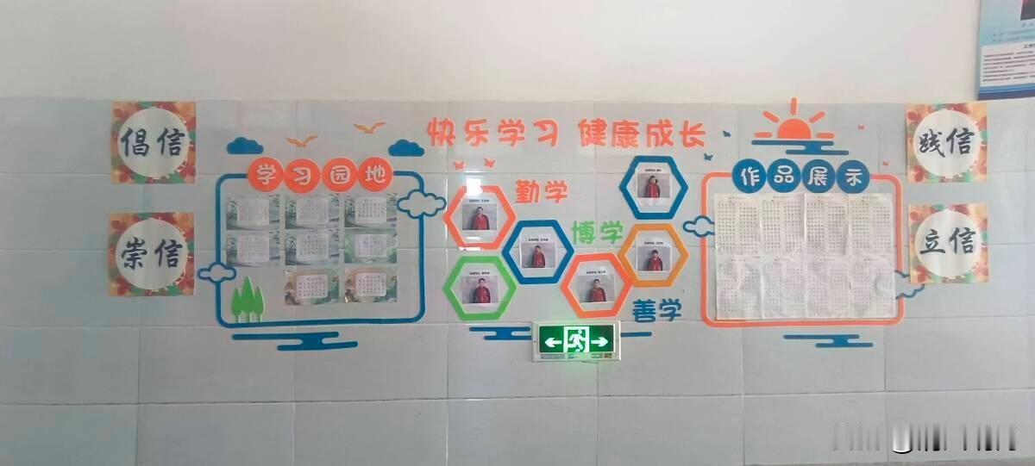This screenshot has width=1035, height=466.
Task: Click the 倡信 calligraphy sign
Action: pos(153,142)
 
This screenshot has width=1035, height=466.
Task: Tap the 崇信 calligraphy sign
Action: pos(152,253)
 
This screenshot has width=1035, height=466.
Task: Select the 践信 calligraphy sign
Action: pos(945,142)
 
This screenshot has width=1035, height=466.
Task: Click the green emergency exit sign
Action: pos(576,341)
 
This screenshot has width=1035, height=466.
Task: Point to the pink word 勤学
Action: pos(542,190)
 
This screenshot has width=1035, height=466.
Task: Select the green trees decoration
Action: pos(248,297)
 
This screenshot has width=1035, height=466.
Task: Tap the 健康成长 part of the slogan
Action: pos(643,134)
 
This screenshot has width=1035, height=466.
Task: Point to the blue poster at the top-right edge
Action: pos(1007,47)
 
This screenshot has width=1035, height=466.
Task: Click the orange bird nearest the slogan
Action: pos(369,127)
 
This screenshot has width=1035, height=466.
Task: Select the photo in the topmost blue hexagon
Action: pos(655,184)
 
